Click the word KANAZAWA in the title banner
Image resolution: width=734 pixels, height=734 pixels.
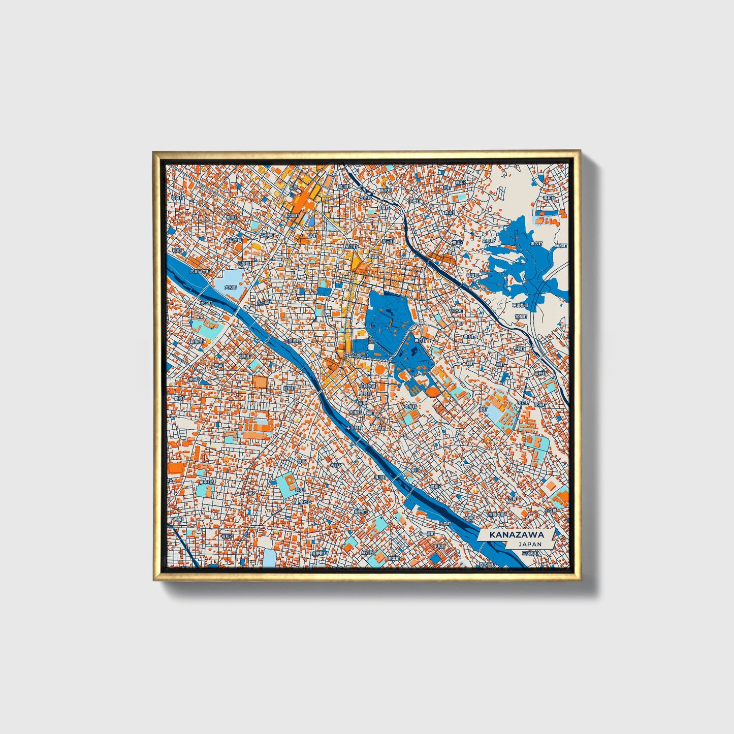pos(516,535)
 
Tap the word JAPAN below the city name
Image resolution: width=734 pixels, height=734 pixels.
pos(530,544)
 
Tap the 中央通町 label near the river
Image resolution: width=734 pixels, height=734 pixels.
pos(293,341)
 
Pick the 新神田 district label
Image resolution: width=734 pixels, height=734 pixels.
pos(197,342)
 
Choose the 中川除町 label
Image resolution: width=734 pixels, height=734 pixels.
pos(354,428)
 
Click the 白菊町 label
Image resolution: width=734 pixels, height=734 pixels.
pos(289,388)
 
